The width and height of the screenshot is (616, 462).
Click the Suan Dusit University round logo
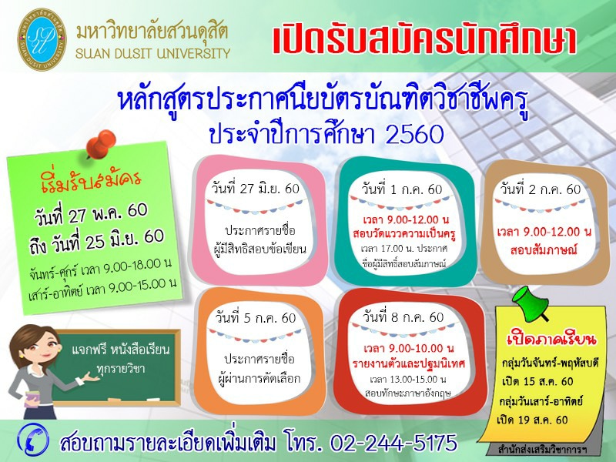click(x=42, y=39)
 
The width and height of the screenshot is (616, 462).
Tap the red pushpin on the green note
click(x=101, y=144)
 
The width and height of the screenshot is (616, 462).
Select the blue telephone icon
click(x=33, y=440)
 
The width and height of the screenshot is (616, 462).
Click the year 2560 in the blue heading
click(x=414, y=134)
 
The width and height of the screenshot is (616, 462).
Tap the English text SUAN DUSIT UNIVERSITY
click(x=152, y=53)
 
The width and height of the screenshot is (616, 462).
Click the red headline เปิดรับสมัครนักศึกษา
click(x=424, y=40)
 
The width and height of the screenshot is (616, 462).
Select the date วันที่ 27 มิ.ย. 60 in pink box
click(x=256, y=189)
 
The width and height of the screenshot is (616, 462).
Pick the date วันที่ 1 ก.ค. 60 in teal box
click(x=402, y=189)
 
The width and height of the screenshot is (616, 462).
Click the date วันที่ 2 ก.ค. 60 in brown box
click(x=541, y=189)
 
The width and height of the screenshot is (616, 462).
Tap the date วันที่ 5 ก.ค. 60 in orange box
click(x=256, y=317)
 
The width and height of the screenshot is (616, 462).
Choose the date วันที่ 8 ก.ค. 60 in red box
click(x=403, y=316)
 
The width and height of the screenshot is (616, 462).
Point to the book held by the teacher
click(x=32, y=399)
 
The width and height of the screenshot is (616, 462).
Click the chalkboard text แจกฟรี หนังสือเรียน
click(x=121, y=350)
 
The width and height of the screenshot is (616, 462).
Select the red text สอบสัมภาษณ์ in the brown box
click(x=544, y=249)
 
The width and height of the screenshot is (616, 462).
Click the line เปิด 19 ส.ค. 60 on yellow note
click(x=532, y=420)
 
